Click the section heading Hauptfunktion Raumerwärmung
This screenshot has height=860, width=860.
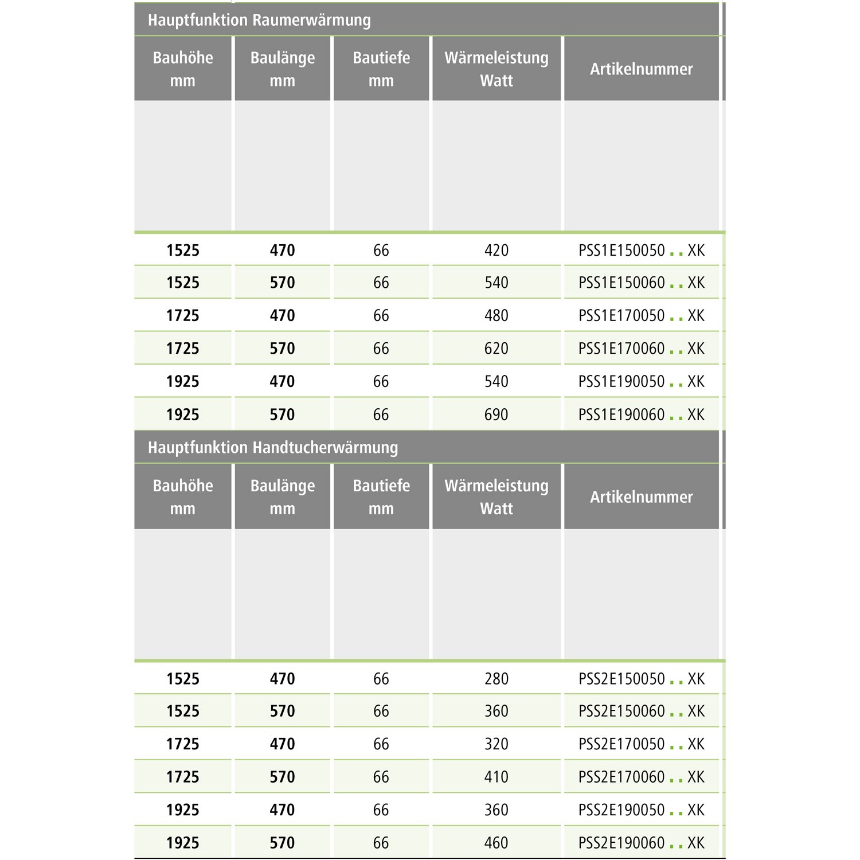259,20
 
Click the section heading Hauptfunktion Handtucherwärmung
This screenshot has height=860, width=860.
273,447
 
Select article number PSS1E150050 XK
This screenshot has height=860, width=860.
641,251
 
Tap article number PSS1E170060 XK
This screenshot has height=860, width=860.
641,349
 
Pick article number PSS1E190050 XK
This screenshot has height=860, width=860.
641,382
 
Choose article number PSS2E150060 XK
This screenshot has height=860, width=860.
641,712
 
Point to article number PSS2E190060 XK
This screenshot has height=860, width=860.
641,843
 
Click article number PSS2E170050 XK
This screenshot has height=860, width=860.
641,744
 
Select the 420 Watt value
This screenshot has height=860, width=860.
496,251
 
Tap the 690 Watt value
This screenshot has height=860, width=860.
496,415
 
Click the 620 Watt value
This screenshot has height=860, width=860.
496,349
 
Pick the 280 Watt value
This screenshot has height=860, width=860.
496,679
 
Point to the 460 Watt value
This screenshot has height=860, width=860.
496,843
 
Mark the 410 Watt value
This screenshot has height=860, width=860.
496,777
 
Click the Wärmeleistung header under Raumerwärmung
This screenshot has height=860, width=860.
496,69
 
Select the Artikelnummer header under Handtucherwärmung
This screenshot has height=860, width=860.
641,497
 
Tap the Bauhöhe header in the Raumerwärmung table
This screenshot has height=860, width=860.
183,69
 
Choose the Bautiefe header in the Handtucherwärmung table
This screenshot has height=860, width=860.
381,497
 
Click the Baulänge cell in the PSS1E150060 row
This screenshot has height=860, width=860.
282,283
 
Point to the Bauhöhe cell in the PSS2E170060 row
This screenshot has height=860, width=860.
183,777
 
